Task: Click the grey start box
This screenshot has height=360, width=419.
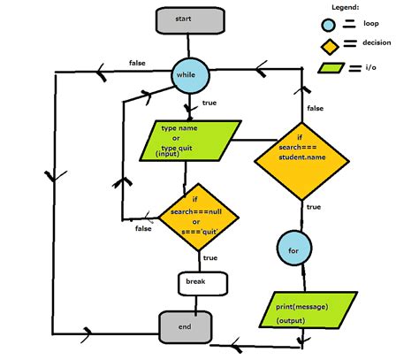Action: pos(184,20)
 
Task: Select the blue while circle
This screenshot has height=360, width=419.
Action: pos(189,75)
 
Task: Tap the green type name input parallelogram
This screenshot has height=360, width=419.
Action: pos(187,141)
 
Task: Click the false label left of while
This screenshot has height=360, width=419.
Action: pos(137,63)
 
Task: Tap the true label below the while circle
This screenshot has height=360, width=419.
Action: pos(209,104)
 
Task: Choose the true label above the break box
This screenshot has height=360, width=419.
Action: pos(210,258)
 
